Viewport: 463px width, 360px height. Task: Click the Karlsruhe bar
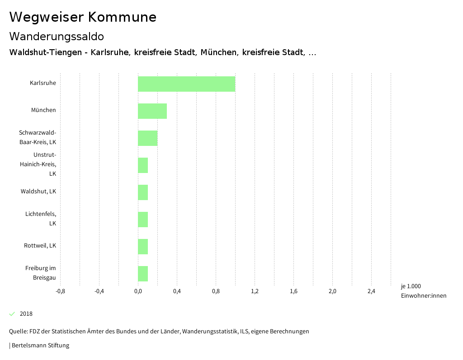click(186, 84)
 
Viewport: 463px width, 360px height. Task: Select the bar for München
click(152, 111)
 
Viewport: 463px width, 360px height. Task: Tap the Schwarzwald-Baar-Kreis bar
click(147, 138)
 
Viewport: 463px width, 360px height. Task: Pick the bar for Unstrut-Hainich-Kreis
click(143, 165)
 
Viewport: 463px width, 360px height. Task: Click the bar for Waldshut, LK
click(143, 192)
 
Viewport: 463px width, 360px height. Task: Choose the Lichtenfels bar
click(143, 220)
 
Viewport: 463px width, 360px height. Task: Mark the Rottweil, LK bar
click(143, 247)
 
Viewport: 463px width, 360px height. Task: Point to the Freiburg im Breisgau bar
click(143, 274)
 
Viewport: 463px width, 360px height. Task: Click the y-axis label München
click(43, 110)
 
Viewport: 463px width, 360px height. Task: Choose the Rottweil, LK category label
click(40, 246)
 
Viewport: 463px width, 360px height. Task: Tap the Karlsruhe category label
click(43, 83)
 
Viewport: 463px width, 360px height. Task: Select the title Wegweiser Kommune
click(83, 17)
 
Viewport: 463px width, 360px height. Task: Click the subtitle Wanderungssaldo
click(57, 36)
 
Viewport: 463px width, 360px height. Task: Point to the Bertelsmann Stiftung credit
click(40, 346)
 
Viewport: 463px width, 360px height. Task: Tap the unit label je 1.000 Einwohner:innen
click(423, 291)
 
